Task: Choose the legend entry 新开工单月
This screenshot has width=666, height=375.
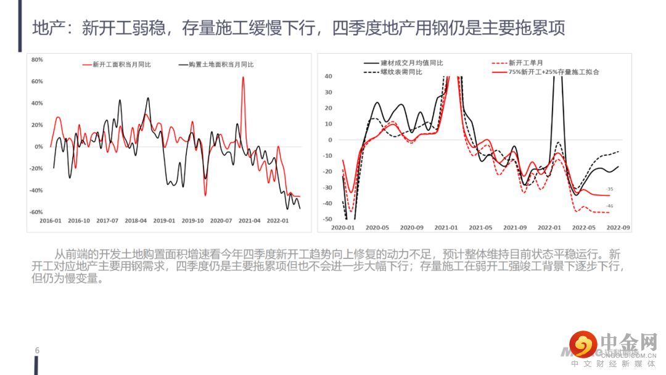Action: (x=526, y=63)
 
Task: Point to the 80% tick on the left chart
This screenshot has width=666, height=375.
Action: (x=36, y=60)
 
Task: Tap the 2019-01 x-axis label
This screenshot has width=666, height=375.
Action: (x=164, y=220)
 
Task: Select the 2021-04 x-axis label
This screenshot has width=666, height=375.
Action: (x=250, y=220)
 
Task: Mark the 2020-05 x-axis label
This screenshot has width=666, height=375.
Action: (x=377, y=228)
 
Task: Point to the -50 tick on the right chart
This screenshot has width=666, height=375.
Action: (x=327, y=219)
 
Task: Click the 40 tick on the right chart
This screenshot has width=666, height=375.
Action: (x=328, y=76)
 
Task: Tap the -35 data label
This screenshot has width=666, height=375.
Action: (x=609, y=189)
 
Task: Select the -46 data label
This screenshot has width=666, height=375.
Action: (x=609, y=206)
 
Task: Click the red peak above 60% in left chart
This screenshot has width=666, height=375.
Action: (x=243, y=78)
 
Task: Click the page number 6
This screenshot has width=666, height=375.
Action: (x=37, y=351)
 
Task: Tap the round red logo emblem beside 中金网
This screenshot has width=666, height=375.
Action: (x=583, y=344)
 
